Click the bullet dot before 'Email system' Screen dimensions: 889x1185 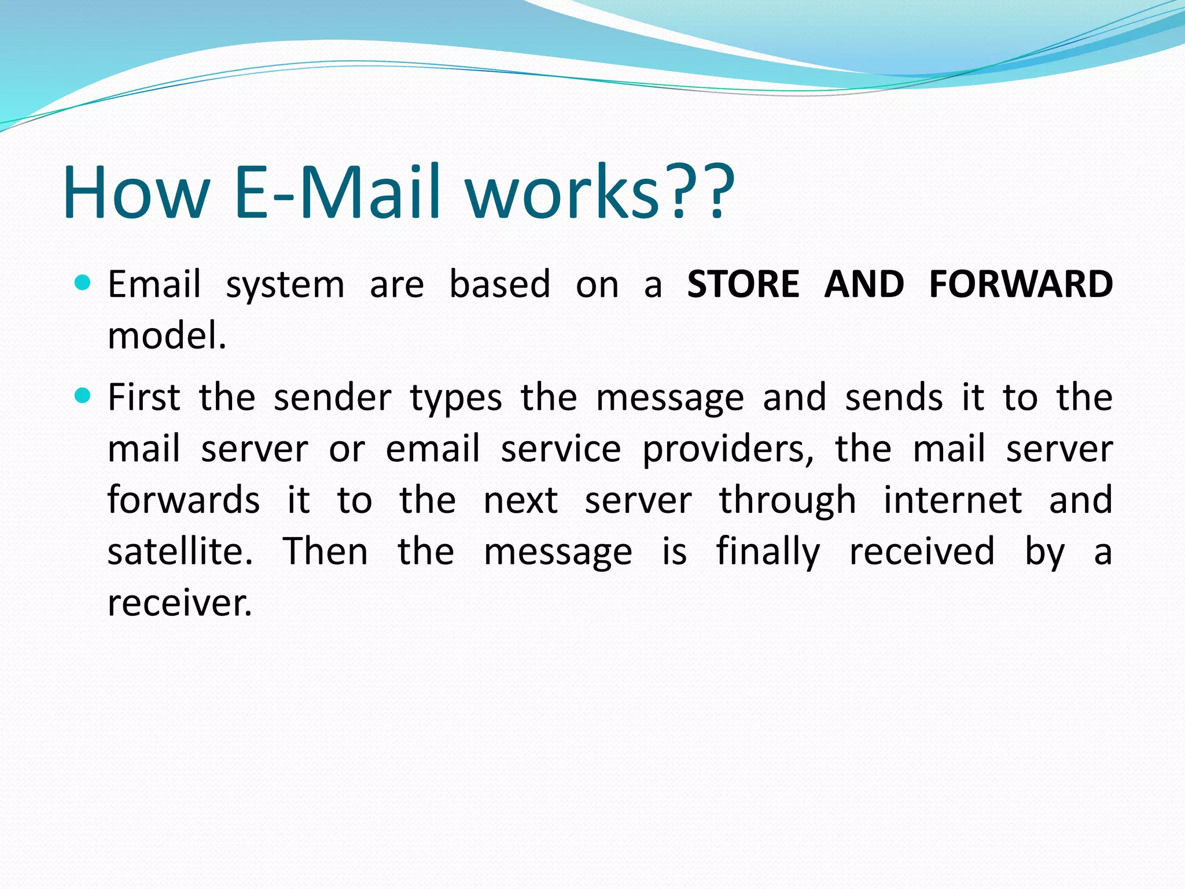click(83, 283)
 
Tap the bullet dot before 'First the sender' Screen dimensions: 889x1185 click(83, 396)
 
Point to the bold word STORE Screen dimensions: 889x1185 click(743, 284)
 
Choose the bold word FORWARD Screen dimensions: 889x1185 click(1021, 284)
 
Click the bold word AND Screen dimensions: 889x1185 click(864, 284)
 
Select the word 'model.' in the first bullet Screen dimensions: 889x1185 click(167, 335)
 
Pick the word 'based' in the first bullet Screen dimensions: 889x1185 click(500, 284)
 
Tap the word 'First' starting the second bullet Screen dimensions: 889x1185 click(144, 397)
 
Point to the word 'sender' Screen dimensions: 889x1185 click(333, 398)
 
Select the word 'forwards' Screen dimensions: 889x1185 click(184, 499)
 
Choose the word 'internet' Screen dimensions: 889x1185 click(952, 499)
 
